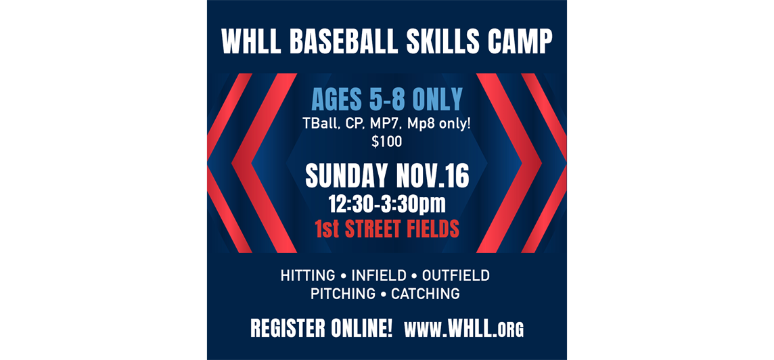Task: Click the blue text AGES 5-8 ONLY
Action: [387, 100]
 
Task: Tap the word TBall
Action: [320, 125]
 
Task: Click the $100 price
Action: [387, 142]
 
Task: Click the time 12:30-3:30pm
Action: [387, 203]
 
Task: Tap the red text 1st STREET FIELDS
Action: [387, 229]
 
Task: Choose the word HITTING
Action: [308, 276]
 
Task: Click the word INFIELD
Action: [379, 276]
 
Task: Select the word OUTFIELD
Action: [456, 276]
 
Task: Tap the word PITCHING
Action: [343, 294]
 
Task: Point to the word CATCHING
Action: [426, 294]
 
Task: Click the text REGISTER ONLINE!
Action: [321, 329]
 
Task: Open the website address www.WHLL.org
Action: [464, 330]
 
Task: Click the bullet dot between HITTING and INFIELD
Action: [343, 276]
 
